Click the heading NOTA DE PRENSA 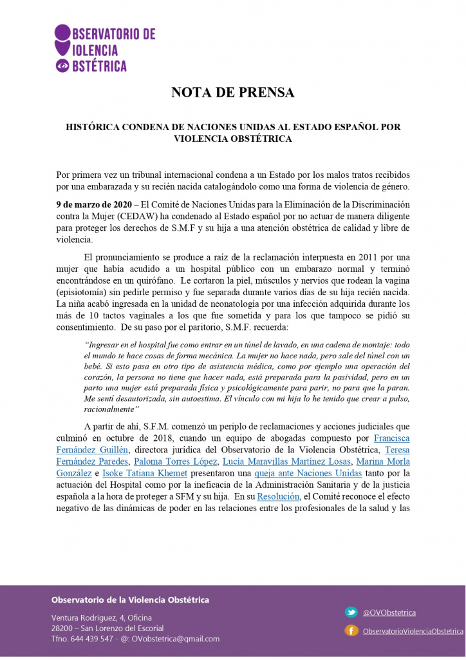[232, 92]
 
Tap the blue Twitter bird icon [351, 612]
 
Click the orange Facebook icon [351, 630]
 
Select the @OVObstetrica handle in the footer [389, 612]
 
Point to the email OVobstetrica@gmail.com [175, 639]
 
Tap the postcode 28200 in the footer [62, 628]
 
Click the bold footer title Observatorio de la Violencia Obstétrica [130, 599]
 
